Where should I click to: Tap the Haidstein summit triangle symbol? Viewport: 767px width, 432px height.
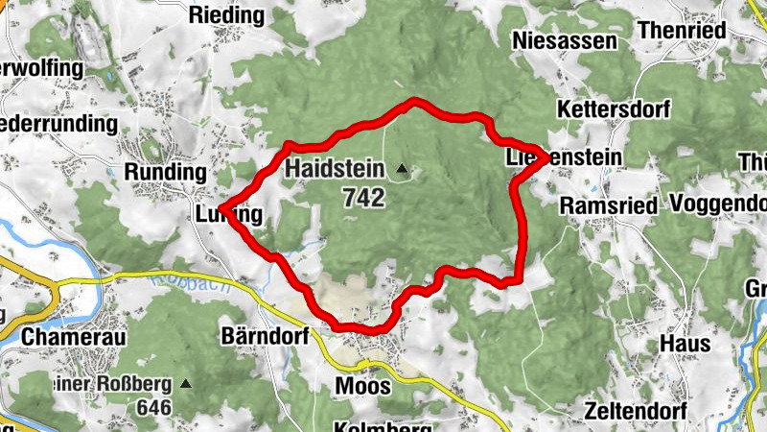(403, 171)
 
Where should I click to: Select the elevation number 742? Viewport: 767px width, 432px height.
(362, 198)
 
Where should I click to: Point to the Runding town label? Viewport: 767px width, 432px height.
(166, 172)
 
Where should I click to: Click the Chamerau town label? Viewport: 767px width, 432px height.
(61, 337)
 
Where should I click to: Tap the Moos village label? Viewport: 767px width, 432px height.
(363, 386)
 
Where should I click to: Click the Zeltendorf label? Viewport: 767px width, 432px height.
(634, 411)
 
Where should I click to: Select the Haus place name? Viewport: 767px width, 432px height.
(685, 344)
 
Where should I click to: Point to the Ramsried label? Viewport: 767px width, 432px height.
(608, 205)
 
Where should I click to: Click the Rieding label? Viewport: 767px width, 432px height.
(226, 15)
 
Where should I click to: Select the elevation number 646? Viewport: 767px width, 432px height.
(153, 408)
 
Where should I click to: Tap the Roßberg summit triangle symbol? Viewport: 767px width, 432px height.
(186, 384)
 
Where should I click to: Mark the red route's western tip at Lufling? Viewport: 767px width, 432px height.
(221, 207)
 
